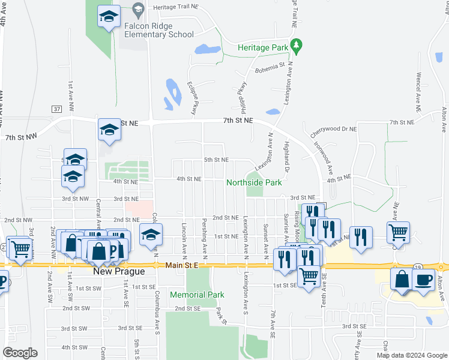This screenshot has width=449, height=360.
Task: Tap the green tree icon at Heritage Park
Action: pyautogui.click(x=295, y=45)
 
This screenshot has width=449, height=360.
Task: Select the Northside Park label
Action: pyautogui.click(x=254, y=182)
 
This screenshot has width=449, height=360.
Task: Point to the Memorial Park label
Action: pyautogui.click(x=197, y=295)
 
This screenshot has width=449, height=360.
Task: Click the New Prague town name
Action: pyautogui.click(x=119, y=271)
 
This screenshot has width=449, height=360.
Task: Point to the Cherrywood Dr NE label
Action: pyautogui.click(x=334, y=129)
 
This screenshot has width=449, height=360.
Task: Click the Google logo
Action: pyautogui.click(x=20, y=353)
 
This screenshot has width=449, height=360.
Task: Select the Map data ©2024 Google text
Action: pyautogui.click(x=411, y=355)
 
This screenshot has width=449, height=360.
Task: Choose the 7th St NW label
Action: pyautogui.click(x=22, y=137)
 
